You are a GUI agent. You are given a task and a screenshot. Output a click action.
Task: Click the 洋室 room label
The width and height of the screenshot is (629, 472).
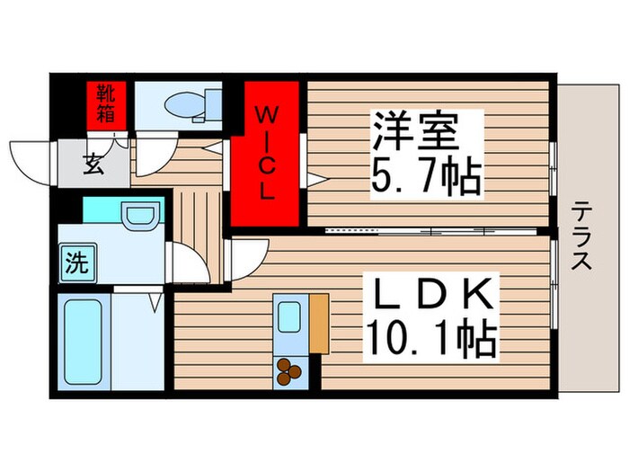[415, 131]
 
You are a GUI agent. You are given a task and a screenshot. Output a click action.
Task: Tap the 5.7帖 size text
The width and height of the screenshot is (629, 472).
[427, 176]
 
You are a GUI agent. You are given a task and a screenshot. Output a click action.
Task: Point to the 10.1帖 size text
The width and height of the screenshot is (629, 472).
[430, 338]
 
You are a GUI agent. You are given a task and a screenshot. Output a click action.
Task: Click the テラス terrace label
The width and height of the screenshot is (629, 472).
[581, 236]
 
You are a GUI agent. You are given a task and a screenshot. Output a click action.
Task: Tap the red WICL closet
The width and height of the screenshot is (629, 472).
[266, 155]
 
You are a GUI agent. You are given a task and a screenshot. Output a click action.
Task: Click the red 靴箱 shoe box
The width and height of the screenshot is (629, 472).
[106, 105]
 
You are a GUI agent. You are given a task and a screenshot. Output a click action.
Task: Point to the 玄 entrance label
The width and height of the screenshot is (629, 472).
[93, 165]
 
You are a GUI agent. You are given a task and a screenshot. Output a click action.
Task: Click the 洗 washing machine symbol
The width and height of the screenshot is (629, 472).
[77, 263]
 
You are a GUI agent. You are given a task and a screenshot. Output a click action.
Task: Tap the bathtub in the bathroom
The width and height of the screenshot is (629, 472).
[83, 342]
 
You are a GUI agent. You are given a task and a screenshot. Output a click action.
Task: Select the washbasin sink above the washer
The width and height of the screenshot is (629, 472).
[139, 216]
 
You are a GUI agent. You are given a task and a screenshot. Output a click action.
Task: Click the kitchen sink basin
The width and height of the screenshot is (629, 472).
[289, 317]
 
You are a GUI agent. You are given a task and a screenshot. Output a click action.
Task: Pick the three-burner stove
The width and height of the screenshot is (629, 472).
[289, 371]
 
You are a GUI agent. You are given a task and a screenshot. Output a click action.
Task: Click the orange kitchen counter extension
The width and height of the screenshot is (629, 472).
[319, 324]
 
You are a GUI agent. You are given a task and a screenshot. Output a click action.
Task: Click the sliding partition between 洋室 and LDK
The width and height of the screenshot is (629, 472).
[431, 231]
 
